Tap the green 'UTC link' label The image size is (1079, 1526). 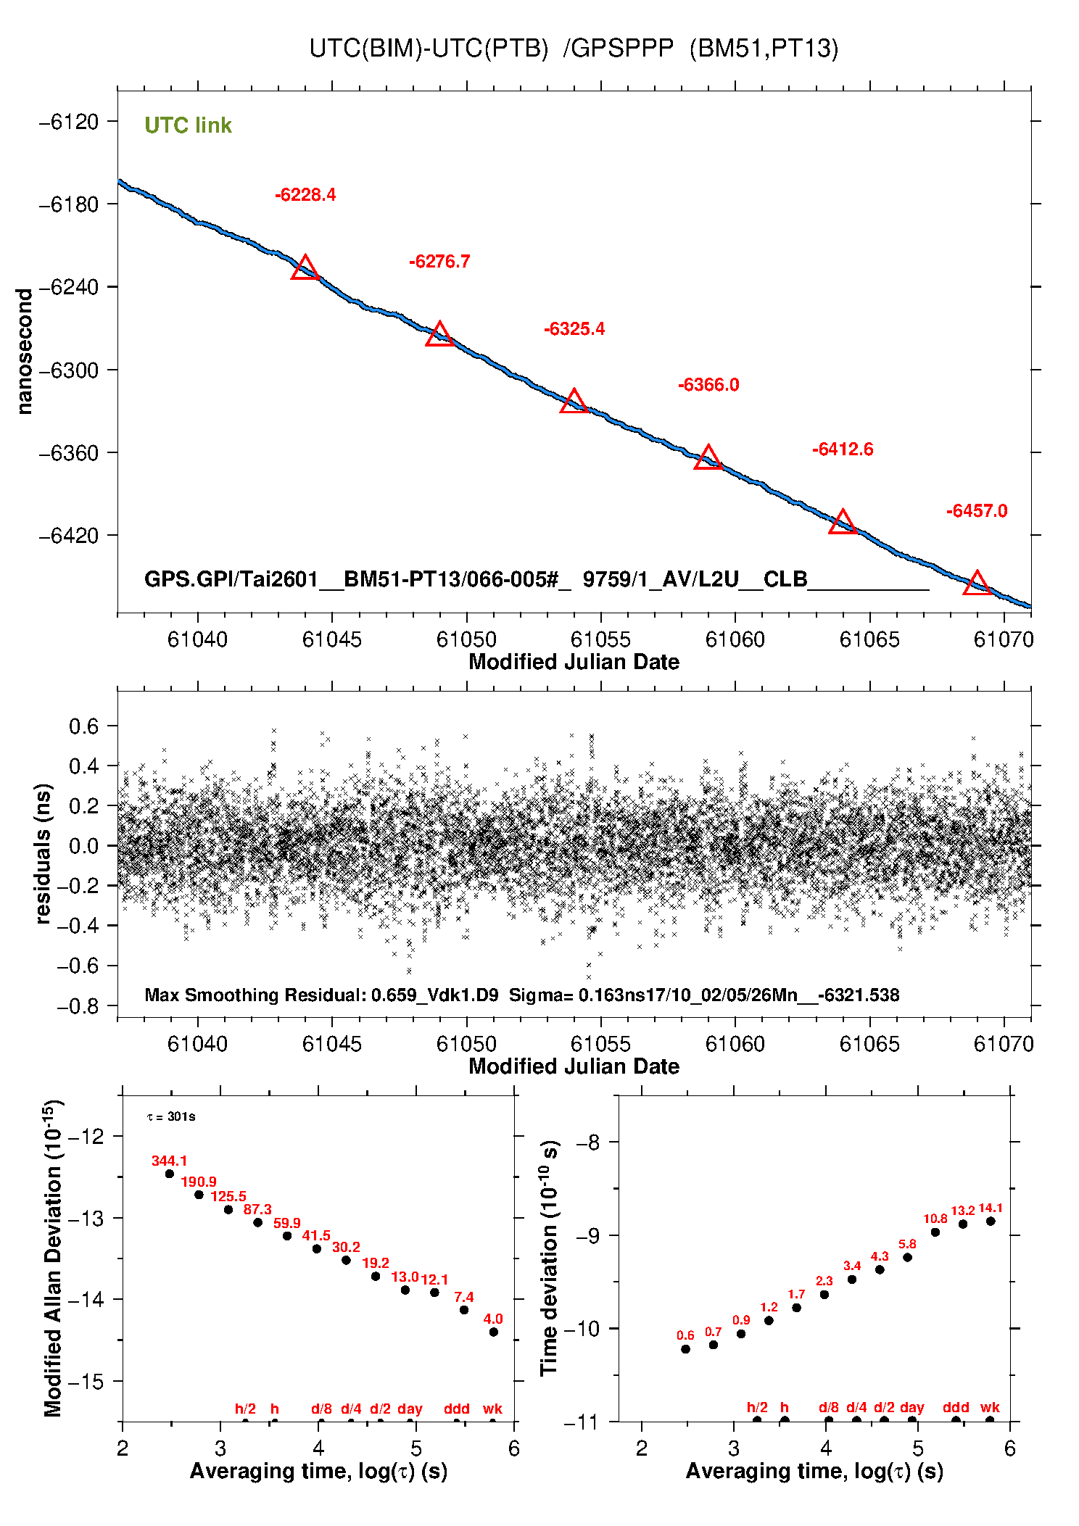click(x=188, y=125)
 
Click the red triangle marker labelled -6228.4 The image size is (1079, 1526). click(x=305, y=268)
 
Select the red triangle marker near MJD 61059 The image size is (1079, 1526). click(x=708, y=458)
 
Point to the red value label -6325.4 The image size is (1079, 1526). click(x=574, y=329)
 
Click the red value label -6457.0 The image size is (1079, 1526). click(x=977, y=511)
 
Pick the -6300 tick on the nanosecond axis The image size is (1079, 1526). click(x=68, y=370)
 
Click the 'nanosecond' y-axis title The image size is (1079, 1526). click(x=25, y=352)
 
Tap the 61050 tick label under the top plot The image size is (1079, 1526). click(x=466, y=639)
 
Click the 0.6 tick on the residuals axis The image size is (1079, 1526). click(x=83, y=726)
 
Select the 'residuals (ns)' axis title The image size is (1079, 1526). click(x=44, y=853)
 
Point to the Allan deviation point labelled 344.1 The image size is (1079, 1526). click(x=170, y=1174)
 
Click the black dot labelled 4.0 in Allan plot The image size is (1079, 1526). click(x=494, y=1332)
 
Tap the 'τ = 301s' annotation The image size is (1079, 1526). click(x=171, y=1116)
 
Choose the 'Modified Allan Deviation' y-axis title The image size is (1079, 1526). click(x=52, y=1258)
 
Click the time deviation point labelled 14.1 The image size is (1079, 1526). click(x=991, y=1222)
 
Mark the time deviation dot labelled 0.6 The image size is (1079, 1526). click(x=686, y=1349)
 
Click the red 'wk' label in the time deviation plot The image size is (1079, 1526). click(x=990, y=1408)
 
